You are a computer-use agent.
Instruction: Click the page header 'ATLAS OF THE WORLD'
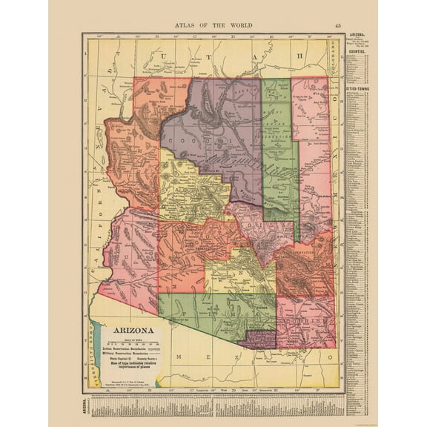tap(213, 24)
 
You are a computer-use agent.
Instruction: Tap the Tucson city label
tap(259, 305)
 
